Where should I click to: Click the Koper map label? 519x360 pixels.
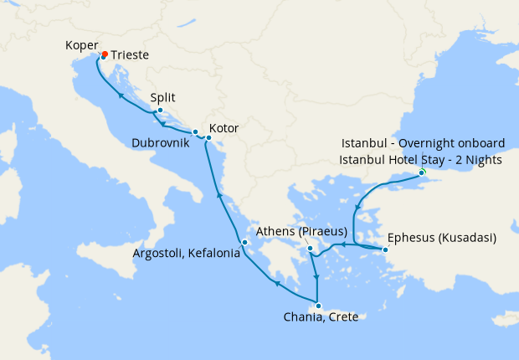pos(82,45)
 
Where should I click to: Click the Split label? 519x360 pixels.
pos(163,98)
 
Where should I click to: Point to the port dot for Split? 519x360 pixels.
pos(160,111)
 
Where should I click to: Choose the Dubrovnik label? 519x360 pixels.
pos(159,143)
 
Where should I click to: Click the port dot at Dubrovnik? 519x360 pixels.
pos(195,132)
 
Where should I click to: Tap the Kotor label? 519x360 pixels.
pos(224,129)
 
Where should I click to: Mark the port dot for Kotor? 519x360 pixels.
pos(208,136)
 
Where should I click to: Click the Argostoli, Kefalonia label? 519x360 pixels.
pos(187,253)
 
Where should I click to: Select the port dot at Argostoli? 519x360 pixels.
pos(244,244)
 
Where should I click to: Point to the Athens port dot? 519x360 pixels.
pos(310,249)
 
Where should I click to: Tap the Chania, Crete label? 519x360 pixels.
pos(321,317)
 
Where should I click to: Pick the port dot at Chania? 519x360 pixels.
pos(317,306)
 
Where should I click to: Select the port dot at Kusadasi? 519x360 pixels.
pos(386,249)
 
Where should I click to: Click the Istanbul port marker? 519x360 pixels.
pos(422,172)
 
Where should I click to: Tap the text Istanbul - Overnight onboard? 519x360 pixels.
pos(424,144)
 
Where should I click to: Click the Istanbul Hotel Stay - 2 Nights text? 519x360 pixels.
pos(421,159)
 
